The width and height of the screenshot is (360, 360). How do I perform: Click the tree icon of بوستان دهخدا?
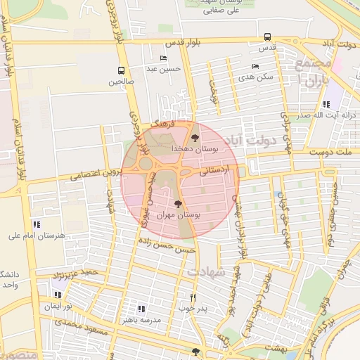point(195,138)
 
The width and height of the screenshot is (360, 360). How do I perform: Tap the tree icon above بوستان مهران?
point(177,203)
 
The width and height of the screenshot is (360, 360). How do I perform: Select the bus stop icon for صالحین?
point(121,70)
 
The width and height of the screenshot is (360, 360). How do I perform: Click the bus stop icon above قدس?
point(266,37)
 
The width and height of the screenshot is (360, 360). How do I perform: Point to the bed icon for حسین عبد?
point(164,58)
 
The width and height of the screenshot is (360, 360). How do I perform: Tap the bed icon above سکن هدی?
point(255,67)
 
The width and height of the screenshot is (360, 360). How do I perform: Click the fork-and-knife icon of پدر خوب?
point(193,297)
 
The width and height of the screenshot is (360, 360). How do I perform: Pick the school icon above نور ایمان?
point(58,295)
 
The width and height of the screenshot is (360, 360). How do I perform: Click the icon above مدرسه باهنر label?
point(141,309)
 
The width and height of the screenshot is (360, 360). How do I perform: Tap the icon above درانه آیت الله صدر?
point(326,104)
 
